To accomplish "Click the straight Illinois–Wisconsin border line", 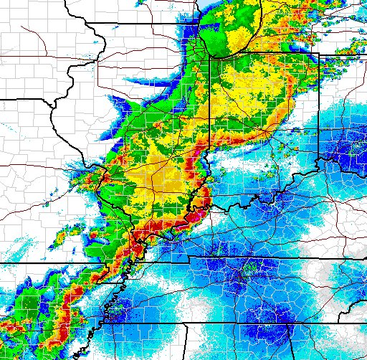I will tap(143, 24).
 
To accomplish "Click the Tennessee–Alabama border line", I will tap(237, 323).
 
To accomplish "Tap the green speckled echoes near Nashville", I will tap(247, 271).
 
